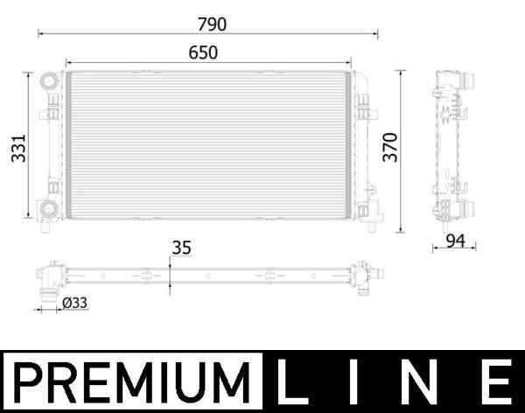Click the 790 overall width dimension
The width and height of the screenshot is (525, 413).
207,23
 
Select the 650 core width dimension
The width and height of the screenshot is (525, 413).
203,52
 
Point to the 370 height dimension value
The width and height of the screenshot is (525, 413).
392,150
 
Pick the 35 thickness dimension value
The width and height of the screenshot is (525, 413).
181,248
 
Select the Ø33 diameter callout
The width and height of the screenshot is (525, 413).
75,304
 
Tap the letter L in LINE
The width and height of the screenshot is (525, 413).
291,383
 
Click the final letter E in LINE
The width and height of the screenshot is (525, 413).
496,383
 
